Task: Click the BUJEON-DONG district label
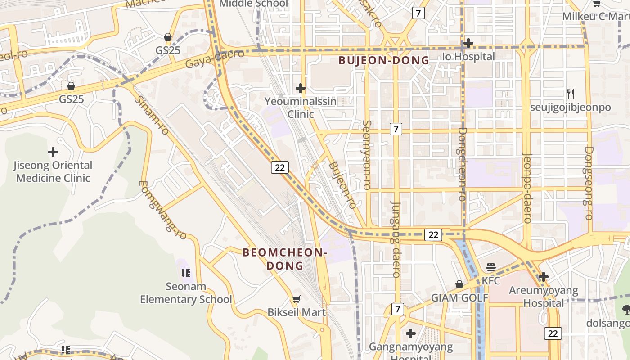(x=384, y=60)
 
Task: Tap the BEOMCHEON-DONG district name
(x=285, y=259)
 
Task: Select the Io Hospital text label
(x=468, y=57)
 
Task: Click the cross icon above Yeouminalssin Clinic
(x=301, y=88)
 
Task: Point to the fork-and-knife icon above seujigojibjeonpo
(x=571, y=94)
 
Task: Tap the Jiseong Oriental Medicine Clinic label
(x=53, y=171)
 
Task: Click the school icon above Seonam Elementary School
(x=186, y=273)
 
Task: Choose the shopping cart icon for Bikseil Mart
(x=297, y=299)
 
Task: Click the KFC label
(x=491, y=281)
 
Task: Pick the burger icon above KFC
(x=491, y=267)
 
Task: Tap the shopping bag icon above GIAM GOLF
(x=459, y=284)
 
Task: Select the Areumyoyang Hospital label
(x=544, y=297)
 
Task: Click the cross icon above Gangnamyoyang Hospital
(x=410, y=333)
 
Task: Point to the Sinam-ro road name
(x=151, y=115)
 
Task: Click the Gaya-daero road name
(x=215, y=59)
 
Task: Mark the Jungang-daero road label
(x=396, y=239)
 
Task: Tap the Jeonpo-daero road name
(x=527, y=188)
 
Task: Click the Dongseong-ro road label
(x=589, y=183)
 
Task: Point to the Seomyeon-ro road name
(x=367, y=154)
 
